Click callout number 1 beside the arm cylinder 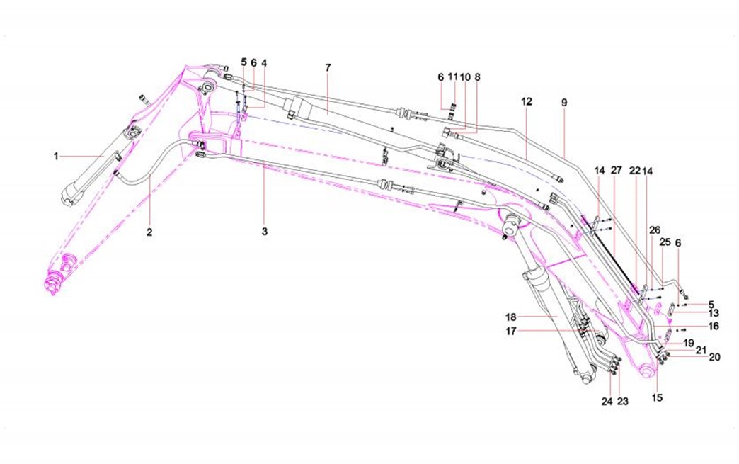[x=56, y=156]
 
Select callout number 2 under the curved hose [x=150, y=232]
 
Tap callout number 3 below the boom [x=265, y=232]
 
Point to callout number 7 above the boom [x=328, y=67]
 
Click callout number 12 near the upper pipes [x=527, y=102]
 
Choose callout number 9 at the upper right [x=564, y=102]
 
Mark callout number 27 [x=615, y=171]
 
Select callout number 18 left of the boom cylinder [x=510, y=316]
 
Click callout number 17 [x=510, y=330]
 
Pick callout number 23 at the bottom [x=623, y=400]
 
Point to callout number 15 [x=657, y=398]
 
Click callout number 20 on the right [x=715, y=357]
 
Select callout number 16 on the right [x=714, y=327]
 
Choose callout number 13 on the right [x=714, y=313]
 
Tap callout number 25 [x=665, y=242]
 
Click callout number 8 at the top [x=477, y=76]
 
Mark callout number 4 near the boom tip [x=264, y=62]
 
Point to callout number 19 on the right [x=689, y=342]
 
